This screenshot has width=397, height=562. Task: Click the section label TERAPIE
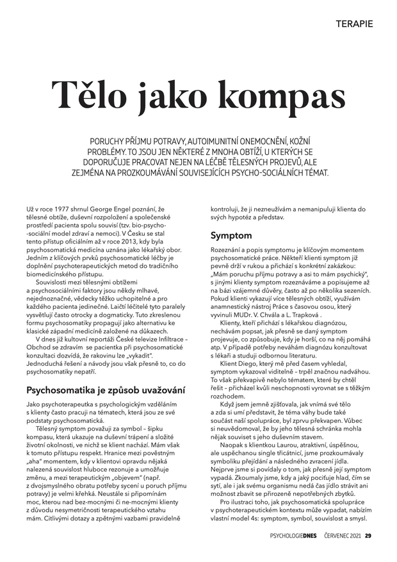point(353,24)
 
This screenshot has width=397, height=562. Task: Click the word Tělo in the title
point(89,95)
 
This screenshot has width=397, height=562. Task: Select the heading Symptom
point(231,236)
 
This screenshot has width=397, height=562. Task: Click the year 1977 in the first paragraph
point(58,209)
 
